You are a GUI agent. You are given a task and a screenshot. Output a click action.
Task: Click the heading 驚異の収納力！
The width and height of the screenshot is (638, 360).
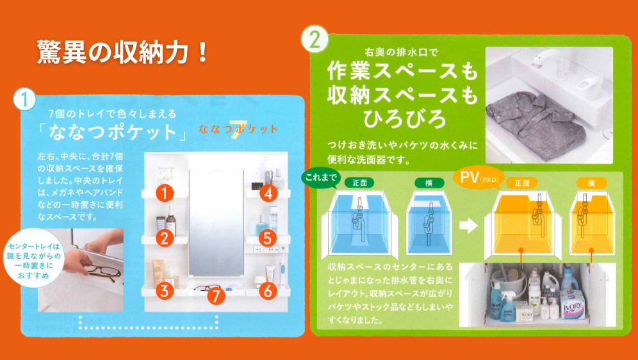click(x=122, y=52)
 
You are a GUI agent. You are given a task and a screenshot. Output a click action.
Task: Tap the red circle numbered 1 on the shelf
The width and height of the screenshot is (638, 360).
click(x=165, y=192)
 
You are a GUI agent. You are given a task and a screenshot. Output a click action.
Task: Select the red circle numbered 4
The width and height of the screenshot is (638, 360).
click(x=268, y=192)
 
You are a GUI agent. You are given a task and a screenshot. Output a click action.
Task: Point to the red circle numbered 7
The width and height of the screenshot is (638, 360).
click(x=216, y=296)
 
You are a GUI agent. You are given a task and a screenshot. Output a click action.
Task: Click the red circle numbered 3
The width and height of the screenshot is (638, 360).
click(x=165, y=290)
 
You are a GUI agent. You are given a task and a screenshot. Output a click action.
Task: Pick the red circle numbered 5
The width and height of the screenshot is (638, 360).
click(x=268, y=238)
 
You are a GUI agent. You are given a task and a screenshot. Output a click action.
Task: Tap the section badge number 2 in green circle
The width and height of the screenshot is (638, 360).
click(x=315, y=40)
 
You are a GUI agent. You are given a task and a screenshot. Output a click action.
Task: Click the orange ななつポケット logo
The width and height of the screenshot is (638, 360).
click(x=238, y=129)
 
